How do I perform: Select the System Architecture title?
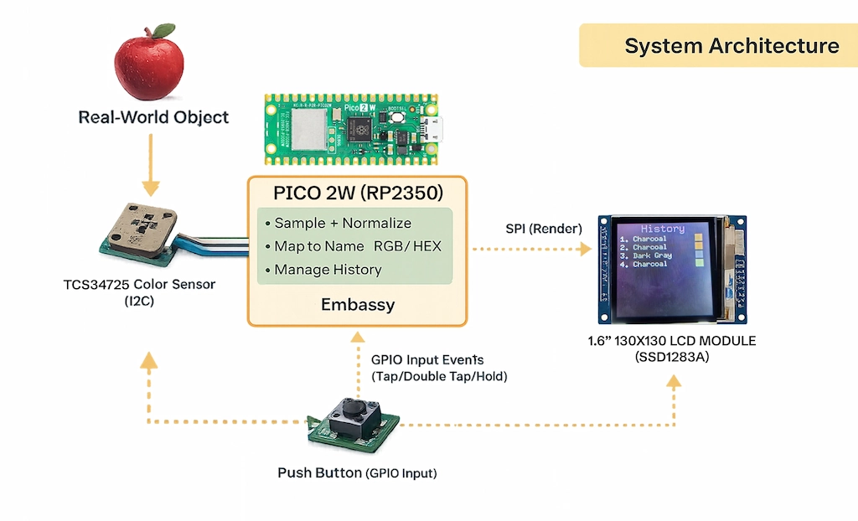tap(731, 45)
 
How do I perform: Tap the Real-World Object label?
tap(153, 117)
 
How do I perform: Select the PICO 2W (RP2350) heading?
tap(358, 193)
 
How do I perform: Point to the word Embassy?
tap(358, 305)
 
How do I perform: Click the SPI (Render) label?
tap(537, 229)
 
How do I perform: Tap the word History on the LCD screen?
tap(662, 229)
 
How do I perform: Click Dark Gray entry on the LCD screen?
tap(651, 255)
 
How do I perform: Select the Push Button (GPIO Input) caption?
tap(357, 473)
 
